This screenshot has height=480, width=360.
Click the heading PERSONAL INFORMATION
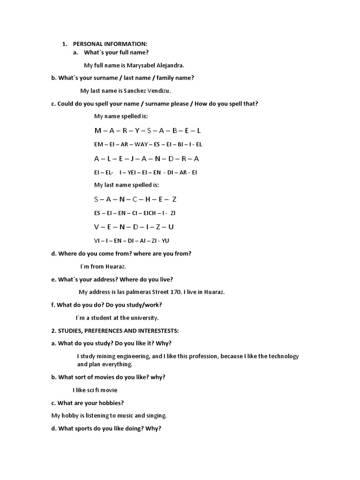coord(110,44)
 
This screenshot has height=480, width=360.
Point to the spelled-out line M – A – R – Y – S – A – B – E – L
coord(147,130)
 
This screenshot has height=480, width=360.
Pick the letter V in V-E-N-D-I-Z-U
coord(97,227)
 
